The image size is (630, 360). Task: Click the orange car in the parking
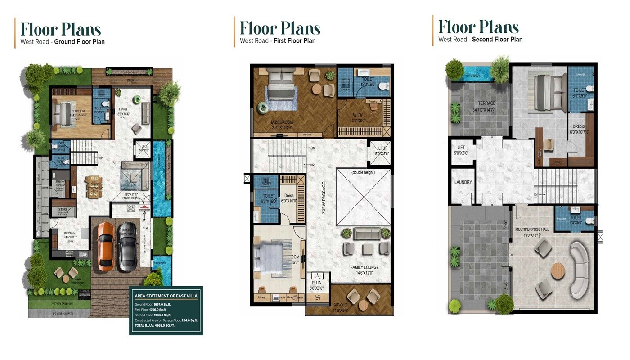tap(106, 245)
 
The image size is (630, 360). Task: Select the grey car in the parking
tap(127, 247)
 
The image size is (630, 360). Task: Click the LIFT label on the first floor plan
tap(382, 148)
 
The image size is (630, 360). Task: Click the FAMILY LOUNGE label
tap(364, 267)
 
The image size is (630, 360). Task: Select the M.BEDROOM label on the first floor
tap(283, 122)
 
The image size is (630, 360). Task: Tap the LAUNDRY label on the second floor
tap(463, 182)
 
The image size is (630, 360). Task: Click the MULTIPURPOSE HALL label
tap(532, 229)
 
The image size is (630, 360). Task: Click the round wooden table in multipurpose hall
tap(558, 271)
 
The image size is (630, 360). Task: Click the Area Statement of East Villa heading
tap(166, 296)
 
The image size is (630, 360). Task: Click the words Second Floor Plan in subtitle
tap(497, 40)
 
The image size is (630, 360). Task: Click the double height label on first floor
tap(363, 172)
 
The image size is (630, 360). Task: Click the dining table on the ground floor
tap(94, 186)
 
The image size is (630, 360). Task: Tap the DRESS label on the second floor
tap(578, 127)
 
